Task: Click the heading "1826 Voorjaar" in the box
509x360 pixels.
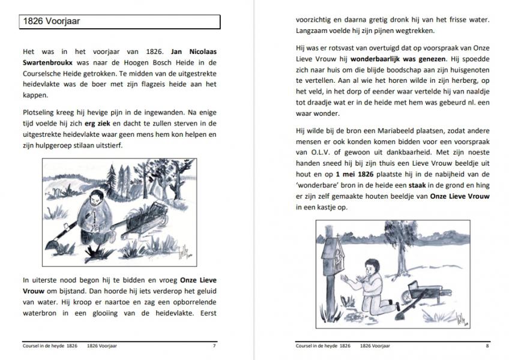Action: point(51,22)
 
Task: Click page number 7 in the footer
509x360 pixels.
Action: point(214,346)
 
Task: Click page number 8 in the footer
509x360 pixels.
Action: point(487,346)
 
